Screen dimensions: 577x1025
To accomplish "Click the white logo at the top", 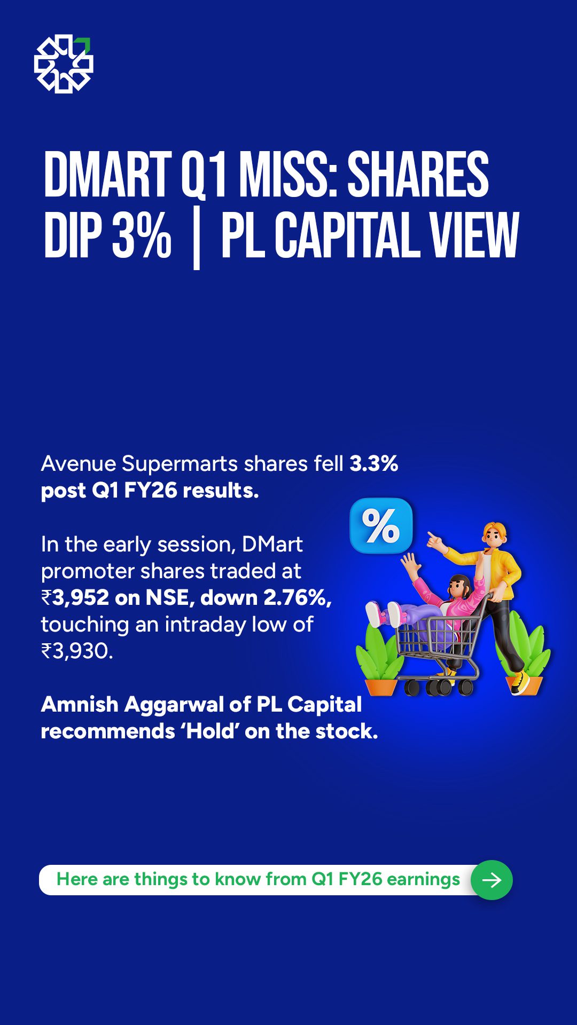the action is coord(64,64).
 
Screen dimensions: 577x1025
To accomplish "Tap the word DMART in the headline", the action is coord(107,175).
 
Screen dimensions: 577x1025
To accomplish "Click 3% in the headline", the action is coord(142,235).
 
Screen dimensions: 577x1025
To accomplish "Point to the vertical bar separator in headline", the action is coord(196,238).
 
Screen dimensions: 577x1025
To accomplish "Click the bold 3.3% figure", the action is coord(374,463).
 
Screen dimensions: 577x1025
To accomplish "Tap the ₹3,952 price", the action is coord(75,597).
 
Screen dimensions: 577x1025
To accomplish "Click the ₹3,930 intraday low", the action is coord(77,651).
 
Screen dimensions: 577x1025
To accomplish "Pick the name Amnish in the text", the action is coord(80,704).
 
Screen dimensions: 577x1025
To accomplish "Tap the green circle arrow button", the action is coord(492,880).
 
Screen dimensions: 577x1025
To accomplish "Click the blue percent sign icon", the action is coord(381,526).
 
